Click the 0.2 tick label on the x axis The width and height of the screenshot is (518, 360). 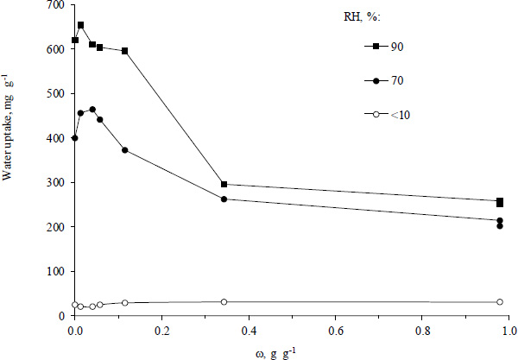(x=161, y=330)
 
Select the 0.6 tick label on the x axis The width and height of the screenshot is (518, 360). (x=335, y=330)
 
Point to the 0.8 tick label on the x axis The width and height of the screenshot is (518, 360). (x=422, y=330)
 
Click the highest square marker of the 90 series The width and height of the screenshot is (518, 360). (x=80, y=25)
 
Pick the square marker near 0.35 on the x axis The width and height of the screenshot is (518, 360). (x=224, y=184)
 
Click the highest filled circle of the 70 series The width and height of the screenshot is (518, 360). (x=92, y=110)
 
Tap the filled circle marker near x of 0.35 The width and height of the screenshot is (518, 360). (x=224, y=199)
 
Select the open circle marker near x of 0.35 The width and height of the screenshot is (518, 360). (x=224, y=302)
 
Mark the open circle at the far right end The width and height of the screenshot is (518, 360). (x=500, y=302)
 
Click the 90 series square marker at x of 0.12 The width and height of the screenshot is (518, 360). (x=125, y=51)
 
